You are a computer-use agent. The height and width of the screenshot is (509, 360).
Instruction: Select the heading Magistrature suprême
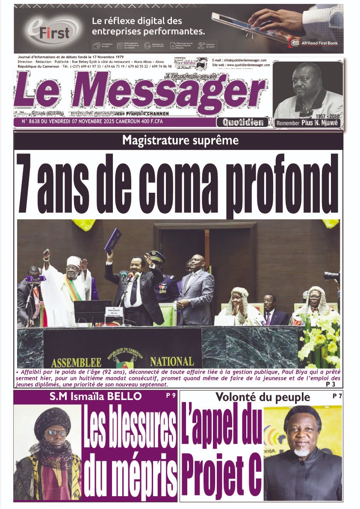click(180, 140)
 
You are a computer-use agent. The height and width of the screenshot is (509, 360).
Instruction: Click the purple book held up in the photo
click(113, 241)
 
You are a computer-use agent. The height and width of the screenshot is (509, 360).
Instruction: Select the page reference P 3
click(330, 384)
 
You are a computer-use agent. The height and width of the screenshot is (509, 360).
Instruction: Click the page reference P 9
click(171, 396)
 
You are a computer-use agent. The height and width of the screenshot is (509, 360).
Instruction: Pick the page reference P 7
click(337, 396)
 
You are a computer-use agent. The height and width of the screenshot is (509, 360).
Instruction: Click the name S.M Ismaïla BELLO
click(95, 397)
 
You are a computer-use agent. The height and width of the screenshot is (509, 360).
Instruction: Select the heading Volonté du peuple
click(263, 397)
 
